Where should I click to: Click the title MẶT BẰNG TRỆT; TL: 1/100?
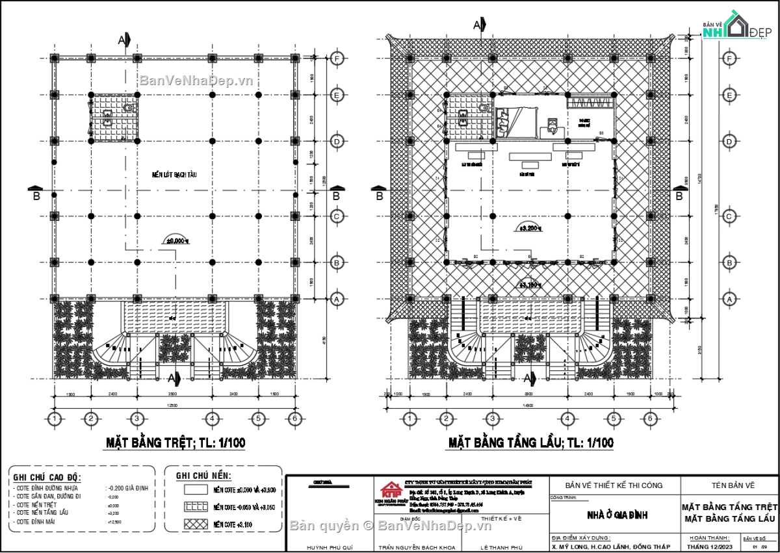click(175, 443)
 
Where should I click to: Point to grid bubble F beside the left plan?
click(337, 58)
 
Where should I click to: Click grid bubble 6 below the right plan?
click(649, 418)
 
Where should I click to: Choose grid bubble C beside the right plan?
click(729, 216)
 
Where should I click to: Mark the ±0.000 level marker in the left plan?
click(177, 240)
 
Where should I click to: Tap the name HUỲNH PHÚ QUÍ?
click(330, 547)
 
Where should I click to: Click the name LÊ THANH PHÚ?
click(502, 547)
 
